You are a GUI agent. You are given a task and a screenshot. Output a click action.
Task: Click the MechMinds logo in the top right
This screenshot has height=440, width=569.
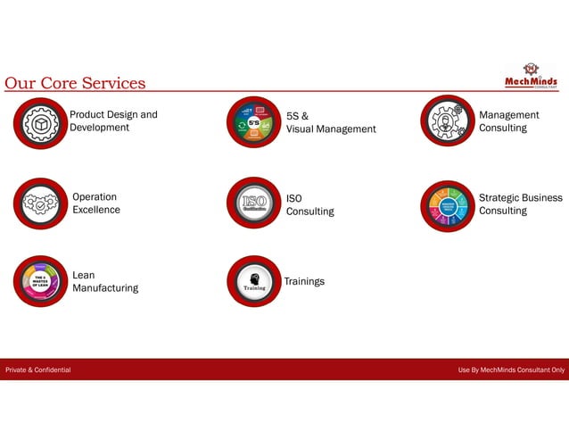point(531,76)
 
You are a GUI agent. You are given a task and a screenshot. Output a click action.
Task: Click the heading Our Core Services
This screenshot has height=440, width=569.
point(75,83)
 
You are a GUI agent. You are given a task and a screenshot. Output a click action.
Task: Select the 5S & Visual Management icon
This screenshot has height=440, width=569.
point(254,122)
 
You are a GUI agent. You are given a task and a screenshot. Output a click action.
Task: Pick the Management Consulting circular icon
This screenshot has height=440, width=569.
point(447,122)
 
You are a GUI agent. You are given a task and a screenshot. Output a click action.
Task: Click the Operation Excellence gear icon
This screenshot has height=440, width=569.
point(40,204)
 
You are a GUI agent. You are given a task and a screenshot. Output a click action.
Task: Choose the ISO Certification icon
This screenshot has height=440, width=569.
point(254,204)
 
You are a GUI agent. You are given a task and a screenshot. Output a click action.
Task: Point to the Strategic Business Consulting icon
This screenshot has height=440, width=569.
point(447,205)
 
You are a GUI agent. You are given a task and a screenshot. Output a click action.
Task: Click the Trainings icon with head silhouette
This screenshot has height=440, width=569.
point(254,281)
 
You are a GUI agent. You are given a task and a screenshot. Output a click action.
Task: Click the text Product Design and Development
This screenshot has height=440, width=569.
point(113,121)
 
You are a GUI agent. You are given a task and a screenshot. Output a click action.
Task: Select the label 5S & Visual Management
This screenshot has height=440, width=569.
point(331,122)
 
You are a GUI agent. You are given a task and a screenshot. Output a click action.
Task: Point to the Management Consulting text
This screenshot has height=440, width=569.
point(508,121)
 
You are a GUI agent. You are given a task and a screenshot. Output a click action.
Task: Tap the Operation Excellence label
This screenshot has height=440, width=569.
point(96,203)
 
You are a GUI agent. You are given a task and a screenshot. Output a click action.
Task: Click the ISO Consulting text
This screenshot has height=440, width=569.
point(309,204)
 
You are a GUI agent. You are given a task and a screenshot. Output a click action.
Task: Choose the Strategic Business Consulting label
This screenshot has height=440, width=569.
point(521,204)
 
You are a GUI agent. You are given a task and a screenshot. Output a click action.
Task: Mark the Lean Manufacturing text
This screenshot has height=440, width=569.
point(105,282)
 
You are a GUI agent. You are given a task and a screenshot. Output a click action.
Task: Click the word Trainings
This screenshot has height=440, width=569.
point(304,281)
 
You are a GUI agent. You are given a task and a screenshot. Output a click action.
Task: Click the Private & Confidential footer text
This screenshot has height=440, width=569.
point(38,369)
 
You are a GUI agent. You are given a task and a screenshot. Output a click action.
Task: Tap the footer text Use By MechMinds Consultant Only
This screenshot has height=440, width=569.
point(511,369)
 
